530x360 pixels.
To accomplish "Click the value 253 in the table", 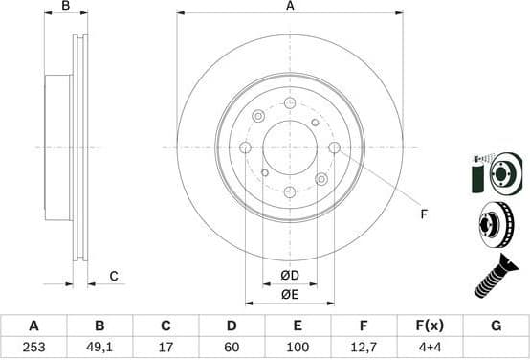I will [x=33, y=348].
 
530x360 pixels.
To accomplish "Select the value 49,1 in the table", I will [x=99, y=348].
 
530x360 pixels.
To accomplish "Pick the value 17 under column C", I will [x=166, y=348].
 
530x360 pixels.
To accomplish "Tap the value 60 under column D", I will [x=231, y=348].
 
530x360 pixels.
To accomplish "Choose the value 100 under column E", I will [x=298, y=348].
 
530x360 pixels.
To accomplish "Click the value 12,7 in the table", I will [x=364, y=348].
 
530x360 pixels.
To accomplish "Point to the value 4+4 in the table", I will [x=430, y=348].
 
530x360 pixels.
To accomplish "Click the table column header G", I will [x=496, y=326].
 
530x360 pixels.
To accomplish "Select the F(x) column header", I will [x=430, y=326].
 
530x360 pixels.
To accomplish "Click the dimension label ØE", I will [x=289, y=293].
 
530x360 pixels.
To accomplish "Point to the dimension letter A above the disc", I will [x=290, y=7].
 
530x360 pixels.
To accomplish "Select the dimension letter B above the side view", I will [x=66, y=7].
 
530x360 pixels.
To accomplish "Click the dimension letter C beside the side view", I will [x=113, y=277].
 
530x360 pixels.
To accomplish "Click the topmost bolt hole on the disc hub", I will [x=290, y=102].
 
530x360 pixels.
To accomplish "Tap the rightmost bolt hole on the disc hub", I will [x=334, y=147].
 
